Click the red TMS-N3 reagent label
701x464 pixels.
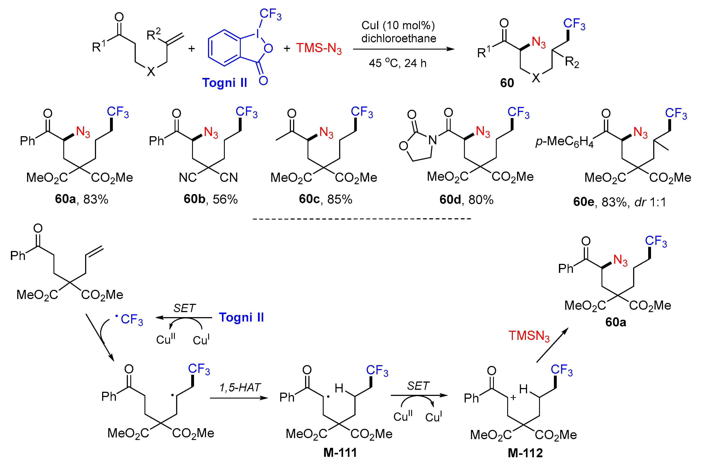click(x=319, y=48)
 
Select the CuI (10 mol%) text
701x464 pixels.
click(x=398, y=26)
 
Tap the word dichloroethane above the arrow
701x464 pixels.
click(x=399, y=38)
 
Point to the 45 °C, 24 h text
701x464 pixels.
click(x=397, y=63)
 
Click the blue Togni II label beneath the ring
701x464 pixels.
click(x=224, y=83)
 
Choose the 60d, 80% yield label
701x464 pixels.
click(x=466, y=200)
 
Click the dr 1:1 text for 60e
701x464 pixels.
click(x=650, y=202)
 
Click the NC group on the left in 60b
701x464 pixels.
click(x=188, y=178)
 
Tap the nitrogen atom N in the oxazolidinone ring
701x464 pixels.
click(x=433, y=140)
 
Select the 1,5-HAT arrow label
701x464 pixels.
click(x=239, y=387)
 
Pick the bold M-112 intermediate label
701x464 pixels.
click(x=525, y=453)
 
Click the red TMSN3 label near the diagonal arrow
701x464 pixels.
click(x=529, y=336)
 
